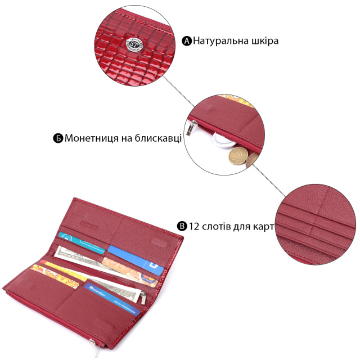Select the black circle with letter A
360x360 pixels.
(x=187, y=40)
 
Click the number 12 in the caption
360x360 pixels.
(x=195, y=226)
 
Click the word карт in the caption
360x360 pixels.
(x=262, y=226)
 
